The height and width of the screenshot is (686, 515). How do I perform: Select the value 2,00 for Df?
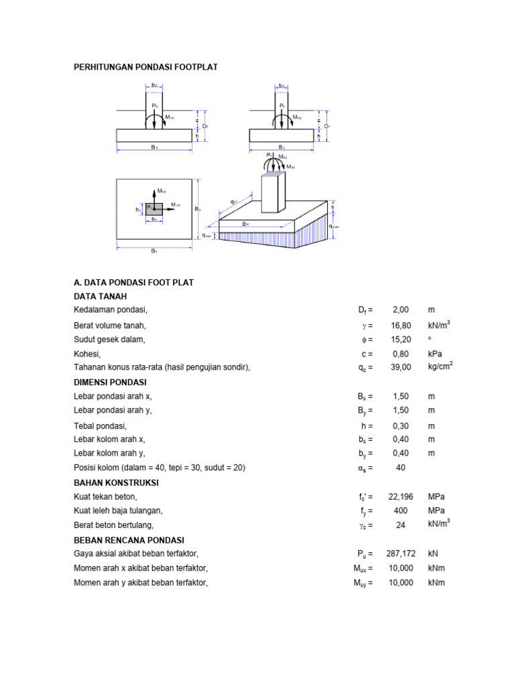coord(400,310)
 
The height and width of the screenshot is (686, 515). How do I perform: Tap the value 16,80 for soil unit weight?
coord(401,326)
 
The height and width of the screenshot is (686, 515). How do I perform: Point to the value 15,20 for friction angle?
coord(401,340)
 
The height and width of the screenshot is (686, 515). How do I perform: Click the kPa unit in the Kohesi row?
coord(435,354)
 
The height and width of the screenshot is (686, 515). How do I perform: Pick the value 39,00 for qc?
coord(401,368)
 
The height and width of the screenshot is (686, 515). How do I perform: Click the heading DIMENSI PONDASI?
coord(110,383)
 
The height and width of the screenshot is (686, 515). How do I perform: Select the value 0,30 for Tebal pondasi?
coord(400,426)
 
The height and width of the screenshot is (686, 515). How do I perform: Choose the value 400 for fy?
coord(401,511)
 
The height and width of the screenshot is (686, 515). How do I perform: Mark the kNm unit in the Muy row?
coord(436,583)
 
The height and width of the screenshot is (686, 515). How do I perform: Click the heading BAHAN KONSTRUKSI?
coord(116,482)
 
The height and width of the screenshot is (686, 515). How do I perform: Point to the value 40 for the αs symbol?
coord(401,468)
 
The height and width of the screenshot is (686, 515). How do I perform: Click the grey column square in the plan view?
coord(154,208)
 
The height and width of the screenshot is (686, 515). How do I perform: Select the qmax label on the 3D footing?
coord(335,227)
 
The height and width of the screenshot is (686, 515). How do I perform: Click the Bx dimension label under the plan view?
coord(154,251)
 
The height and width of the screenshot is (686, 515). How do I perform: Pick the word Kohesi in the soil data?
coord(87,354)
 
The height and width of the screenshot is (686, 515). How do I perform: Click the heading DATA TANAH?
coord(100,296)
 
